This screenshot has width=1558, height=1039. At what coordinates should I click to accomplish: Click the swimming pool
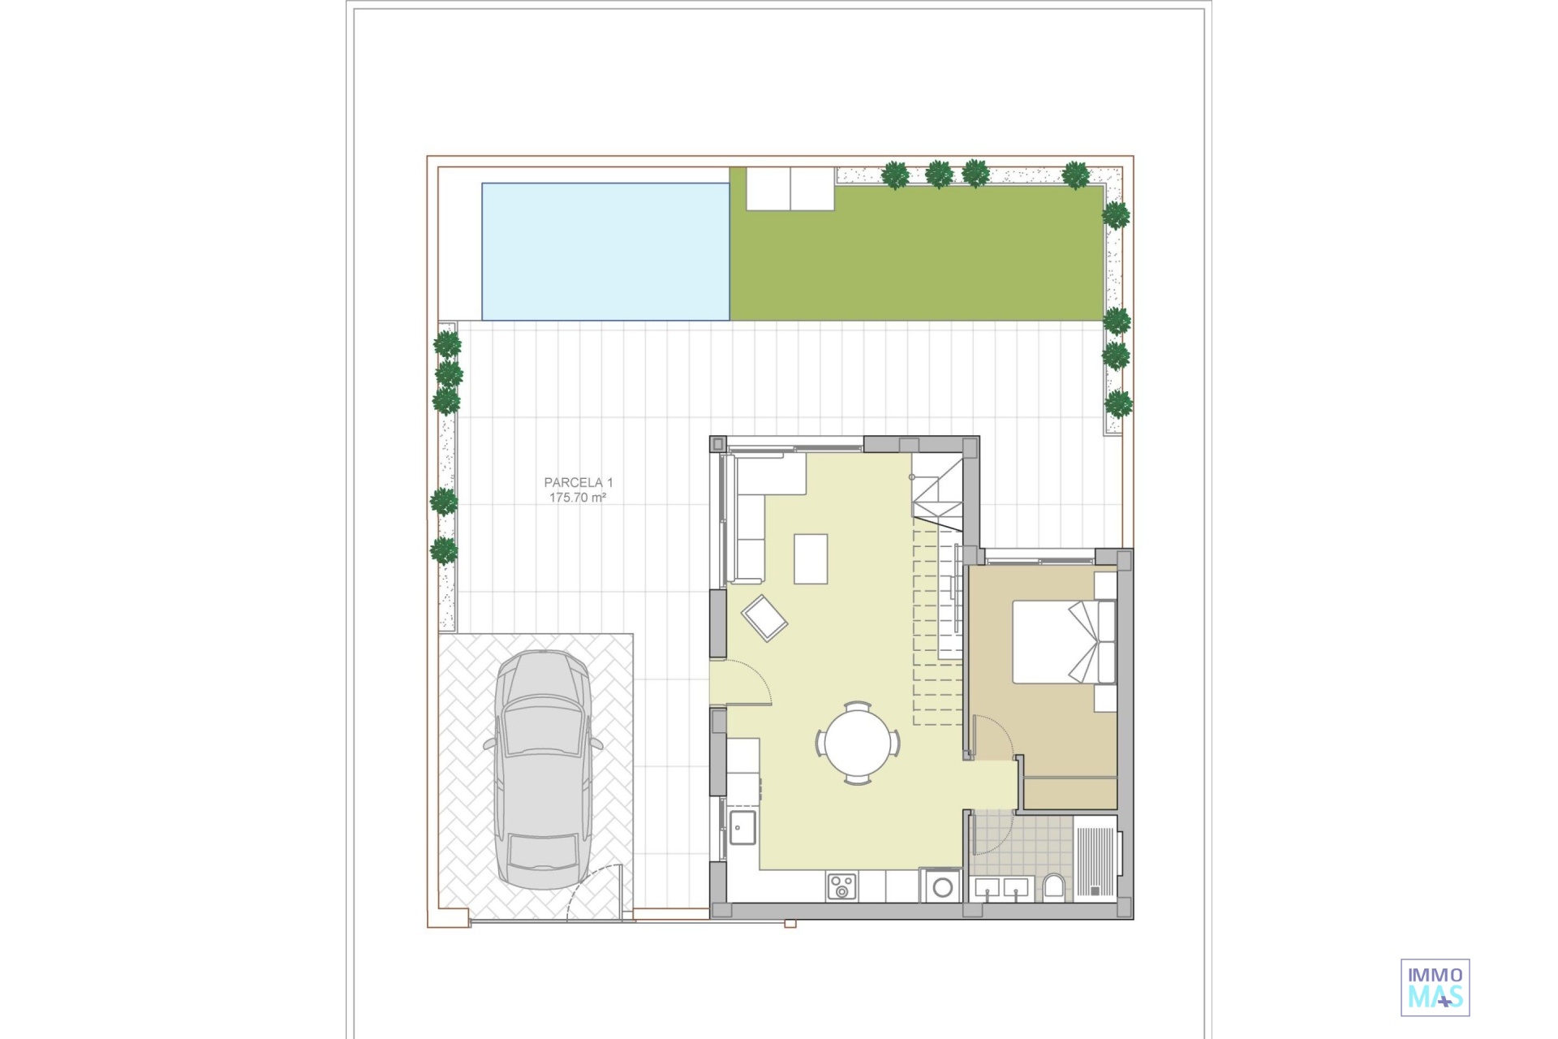pyautogui.click(x=605, y=252)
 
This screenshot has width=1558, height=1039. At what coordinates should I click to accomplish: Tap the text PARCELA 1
pyautogui.click(x=573, y=483)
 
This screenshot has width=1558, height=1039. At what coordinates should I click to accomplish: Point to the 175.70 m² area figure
pyautogui.click(x=578, y=498)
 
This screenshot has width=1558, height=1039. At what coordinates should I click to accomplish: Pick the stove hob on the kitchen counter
pyautogui.click(x=841, y=886)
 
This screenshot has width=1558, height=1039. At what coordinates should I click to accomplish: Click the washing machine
pyautogui.click(x=941, y=886)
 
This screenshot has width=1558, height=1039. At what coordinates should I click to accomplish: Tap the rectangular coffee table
pyautogui.click(x=811, y=558)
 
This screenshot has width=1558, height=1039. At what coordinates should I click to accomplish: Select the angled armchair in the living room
pyautogui.click(x=764, y=619)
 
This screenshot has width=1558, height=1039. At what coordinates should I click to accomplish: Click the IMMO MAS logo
pyautogui.click(x=1435, y=987)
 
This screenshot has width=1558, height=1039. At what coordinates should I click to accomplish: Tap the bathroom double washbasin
pyautogui.click(x=1002, y=890)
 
